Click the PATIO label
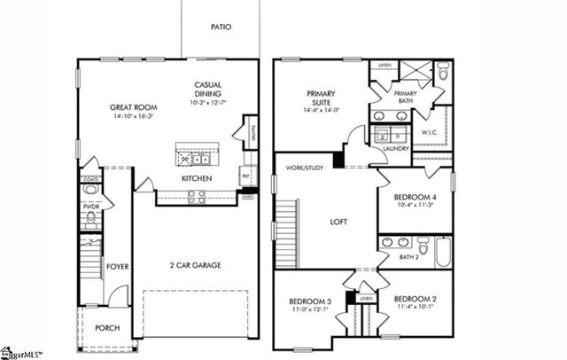pyautogui.click(x=221, y=27)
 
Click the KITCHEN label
pyautogui.click(x=196, y=178)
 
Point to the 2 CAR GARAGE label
pyautogui.click(x=195, y=265)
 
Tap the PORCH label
pyautogui.click(x=107, y=328)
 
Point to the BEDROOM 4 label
pyautogui.click(x=415, y=197)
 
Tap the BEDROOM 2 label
pyautogui.click(x=415, y=300)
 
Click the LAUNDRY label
pyautogui.click(x=396, y=149)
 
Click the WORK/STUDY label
pyautogui.click(x=301, y=167)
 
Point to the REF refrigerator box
pyautogui.click(x=245, y=177)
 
